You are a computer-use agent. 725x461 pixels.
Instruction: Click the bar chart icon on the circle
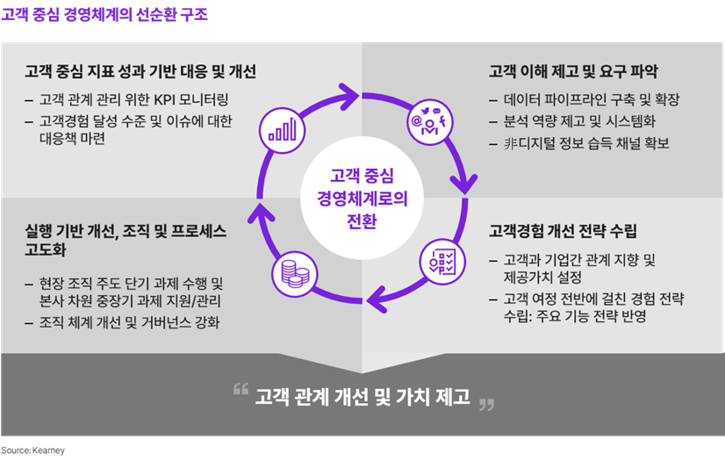[282, 129]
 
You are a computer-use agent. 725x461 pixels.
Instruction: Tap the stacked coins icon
[295, 274]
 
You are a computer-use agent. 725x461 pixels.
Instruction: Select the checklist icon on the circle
[442, 262]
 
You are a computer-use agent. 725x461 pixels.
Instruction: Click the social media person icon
[429, 121]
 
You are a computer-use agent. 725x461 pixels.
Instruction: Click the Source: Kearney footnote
[32, 450]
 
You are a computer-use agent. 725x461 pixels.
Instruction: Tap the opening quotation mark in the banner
[240, 389]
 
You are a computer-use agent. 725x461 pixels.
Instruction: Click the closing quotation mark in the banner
[486, 405]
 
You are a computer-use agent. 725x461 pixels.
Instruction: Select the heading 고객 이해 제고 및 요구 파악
[573, 71]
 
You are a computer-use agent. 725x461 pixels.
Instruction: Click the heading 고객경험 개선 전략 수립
[563, 230]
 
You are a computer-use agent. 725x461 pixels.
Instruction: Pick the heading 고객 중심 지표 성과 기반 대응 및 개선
[140, 71]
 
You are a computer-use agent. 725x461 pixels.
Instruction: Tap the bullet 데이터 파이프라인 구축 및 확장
[592, 99]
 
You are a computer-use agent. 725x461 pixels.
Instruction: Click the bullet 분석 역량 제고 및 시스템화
[580, 121]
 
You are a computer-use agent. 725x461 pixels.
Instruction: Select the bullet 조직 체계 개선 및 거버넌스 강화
[130, 321]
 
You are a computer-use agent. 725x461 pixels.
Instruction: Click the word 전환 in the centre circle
[362, 220]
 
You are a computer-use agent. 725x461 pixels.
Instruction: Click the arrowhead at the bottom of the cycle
[377, 299]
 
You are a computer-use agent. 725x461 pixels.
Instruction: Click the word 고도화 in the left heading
[46, 249]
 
